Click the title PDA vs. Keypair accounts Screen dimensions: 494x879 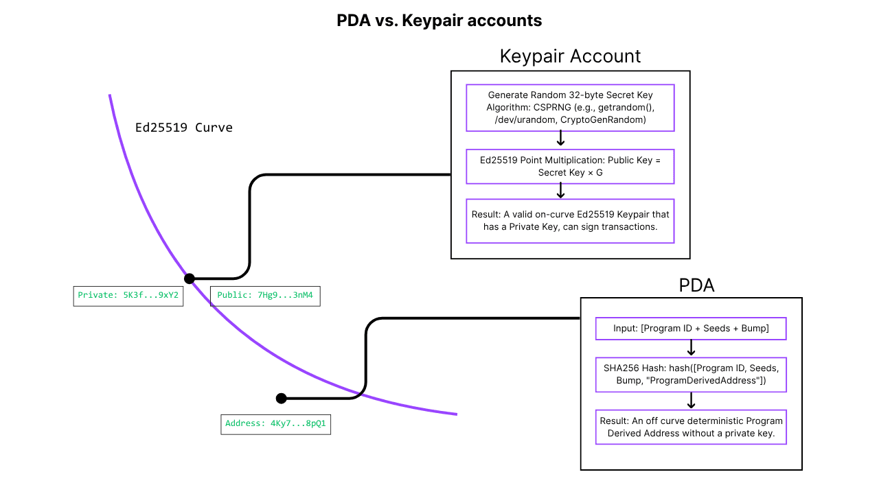coord(439,21)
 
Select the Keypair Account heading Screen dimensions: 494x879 coord(570,56)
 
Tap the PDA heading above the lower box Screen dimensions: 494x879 coord(696,285)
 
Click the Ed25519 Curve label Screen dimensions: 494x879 coord(183,128)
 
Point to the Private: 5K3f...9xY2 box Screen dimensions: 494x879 coord(128,296)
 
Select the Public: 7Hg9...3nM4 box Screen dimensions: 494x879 coord(264,296)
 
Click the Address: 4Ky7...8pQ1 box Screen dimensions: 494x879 coord(275,424)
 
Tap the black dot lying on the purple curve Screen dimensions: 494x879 coord(190,279)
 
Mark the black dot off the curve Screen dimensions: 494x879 coord(281,398)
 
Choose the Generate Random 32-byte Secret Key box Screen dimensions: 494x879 coord(570,108)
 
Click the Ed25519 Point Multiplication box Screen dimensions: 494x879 coord(570,167)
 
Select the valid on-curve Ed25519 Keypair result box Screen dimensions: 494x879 coord(570,221)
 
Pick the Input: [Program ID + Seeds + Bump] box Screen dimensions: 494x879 coord(691,329)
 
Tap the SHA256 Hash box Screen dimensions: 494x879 coord(691,374)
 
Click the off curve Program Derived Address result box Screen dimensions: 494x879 coord(691,427)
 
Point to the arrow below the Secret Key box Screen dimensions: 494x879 coord(560,139)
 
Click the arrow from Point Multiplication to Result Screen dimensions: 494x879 coord(560,191)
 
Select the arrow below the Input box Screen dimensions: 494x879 coord(692,348)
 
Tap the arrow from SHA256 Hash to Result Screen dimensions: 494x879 coord(692,400)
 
